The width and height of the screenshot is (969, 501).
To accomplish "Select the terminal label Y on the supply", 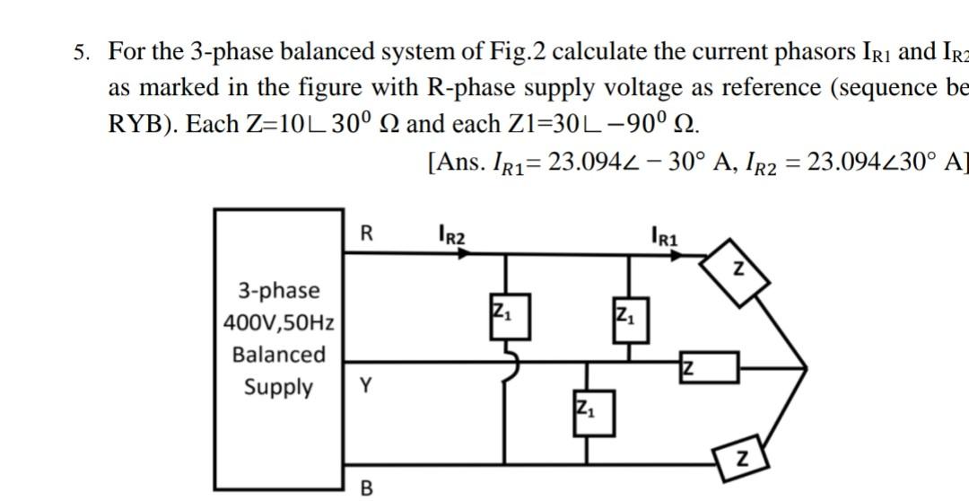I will click(365, 386).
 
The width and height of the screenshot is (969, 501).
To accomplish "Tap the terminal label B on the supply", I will click(365, 488).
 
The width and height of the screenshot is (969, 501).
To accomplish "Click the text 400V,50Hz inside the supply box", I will click(279, 321).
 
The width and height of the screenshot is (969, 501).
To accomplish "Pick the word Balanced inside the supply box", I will click(279, 354).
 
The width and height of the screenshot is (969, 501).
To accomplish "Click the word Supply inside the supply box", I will click(279, 387).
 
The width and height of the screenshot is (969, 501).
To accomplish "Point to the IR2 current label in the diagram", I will click(452, 236).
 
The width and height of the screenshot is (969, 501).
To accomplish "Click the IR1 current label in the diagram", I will click(664, 237).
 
